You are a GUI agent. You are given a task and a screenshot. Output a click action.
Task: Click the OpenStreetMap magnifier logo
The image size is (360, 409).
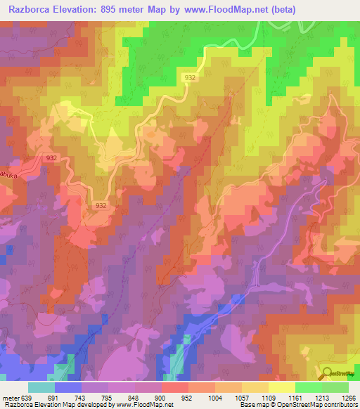coord(328,373)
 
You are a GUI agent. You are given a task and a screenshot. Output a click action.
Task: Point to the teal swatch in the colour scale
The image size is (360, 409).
coord(41,387)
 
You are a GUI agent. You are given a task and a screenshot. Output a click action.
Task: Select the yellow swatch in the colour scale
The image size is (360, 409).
coord(281,387)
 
